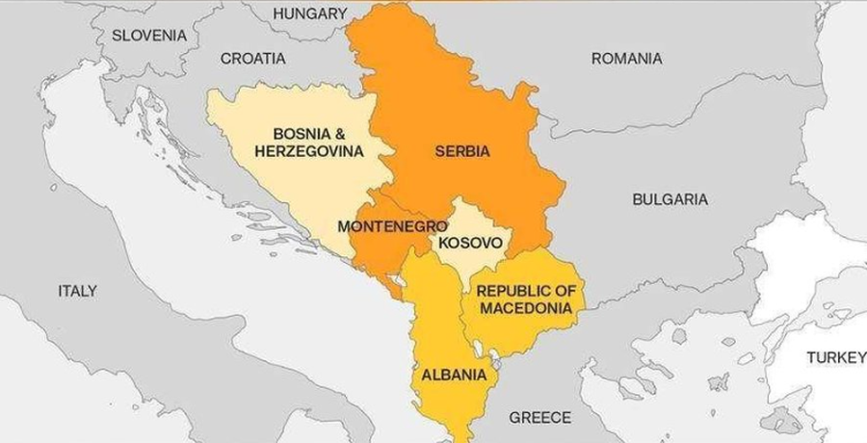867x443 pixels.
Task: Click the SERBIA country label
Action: (x=461, y=151)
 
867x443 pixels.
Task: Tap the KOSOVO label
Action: (x=470, y=242)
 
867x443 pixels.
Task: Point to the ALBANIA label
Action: (x=453, y=375)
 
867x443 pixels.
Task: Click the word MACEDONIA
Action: (x=526, y=308)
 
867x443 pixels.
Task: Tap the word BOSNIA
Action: (x=300, y=134)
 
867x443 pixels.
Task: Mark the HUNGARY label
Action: (x=309, y=13)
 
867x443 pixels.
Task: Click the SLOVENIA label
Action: (x=148, y=35)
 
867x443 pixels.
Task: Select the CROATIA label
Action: (x=252, y=58)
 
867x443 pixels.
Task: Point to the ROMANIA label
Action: (x=626, y=59)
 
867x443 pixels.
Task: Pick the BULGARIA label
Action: (x=670, y=199)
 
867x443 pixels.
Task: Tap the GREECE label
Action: (x=539, y=417)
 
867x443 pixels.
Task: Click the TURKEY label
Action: (x=835, y=357)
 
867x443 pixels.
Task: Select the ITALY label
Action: (x=77, y=290)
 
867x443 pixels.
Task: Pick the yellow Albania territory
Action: (x=438, y=327)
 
